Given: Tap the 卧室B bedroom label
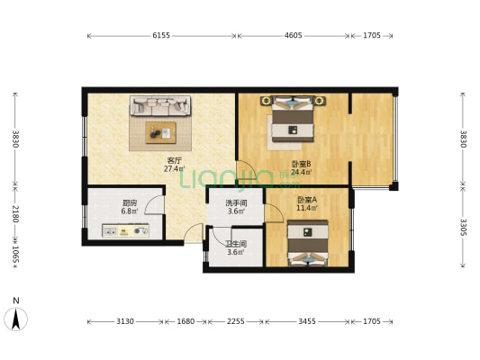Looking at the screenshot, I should pos(301,164).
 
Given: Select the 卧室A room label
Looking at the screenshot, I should pos(306,200).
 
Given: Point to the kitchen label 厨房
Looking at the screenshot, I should pos(130,203).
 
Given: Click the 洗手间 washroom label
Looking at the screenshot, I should pos(236,203).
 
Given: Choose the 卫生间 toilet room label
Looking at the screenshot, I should pos(236,244).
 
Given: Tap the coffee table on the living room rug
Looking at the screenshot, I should pos(160,133).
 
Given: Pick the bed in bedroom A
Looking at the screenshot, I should pos(306,244).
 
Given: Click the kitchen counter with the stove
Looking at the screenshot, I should pos(126,231).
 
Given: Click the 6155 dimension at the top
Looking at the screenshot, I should pos(161,36).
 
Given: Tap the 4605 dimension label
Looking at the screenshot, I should pos(293,36).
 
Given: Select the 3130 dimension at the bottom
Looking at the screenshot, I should pos(125,321).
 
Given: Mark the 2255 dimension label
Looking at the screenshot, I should pos(236,321).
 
